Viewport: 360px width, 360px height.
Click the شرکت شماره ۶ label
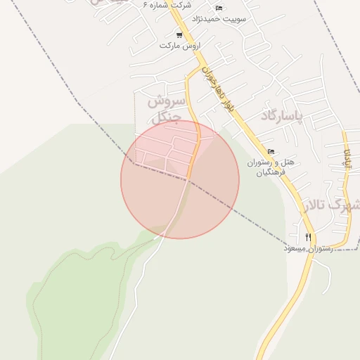click(x=167, y=6)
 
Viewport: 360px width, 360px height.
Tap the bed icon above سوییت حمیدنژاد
click(x=219, y=8)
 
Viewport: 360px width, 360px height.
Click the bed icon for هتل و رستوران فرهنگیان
click(x=271, y=151)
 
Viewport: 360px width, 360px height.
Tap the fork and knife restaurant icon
click(x=308, y=237)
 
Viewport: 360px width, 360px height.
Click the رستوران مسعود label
click(x=308, y=248)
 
